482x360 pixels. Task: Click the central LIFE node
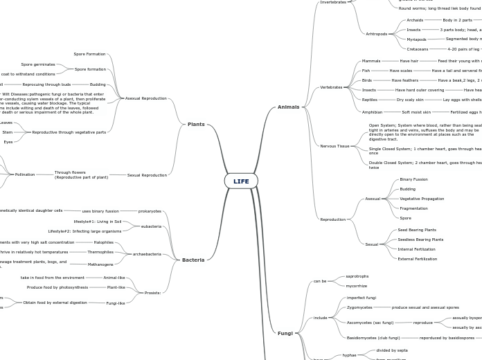point(241,181)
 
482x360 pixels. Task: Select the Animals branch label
point(288,107)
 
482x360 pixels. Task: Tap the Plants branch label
point(196,125)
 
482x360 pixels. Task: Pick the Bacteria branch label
point(193,260)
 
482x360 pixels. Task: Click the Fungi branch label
point(285,333)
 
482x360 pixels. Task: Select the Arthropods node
point(377,34)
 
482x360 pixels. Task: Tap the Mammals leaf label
point(371,61)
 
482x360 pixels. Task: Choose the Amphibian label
point(372,112)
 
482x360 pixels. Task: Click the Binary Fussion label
point(413,179)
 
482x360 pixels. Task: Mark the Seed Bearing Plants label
point(417,230)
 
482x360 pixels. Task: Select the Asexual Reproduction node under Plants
point(145,98)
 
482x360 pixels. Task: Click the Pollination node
point(25,174)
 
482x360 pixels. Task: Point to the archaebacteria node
point(147,254)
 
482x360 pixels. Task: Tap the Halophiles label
point(104,242)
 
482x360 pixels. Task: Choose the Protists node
point(152,293)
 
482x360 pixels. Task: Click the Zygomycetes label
point(359,307)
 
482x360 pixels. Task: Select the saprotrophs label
point(357,276)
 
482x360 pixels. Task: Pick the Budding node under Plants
point(98,84)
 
